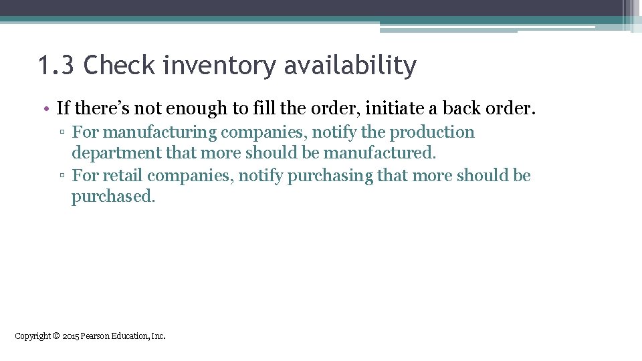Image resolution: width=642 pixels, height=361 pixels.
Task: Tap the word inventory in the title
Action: tap(213, 66)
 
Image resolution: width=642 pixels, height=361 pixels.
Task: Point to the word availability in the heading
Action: tap(350, 66)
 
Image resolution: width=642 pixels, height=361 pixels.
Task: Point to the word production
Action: tap(432, 132)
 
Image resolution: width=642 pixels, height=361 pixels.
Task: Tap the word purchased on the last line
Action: tap(113, 197)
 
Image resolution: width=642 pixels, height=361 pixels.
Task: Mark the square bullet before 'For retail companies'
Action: tap(62, 176)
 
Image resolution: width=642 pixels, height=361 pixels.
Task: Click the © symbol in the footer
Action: tap(56, 336)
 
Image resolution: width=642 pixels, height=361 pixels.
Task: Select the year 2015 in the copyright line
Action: tap(70, 336)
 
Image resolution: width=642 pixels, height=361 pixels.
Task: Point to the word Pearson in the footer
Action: tap(96, 336)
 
